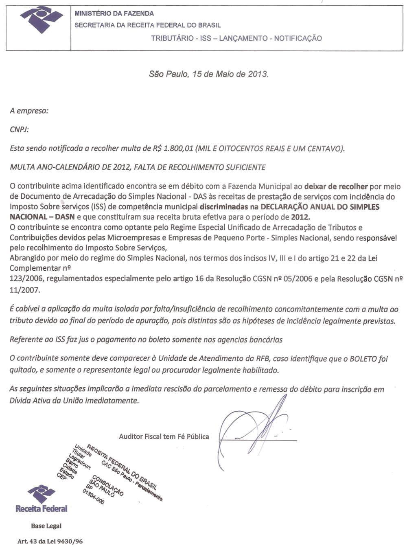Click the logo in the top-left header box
tap(41, 19)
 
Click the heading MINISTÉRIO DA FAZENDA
tap(114, 13)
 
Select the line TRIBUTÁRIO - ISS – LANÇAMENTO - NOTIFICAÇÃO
tap(236, 38)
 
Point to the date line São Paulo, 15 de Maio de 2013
tap(209, 74)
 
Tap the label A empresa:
tap(29, 111)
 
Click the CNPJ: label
tap(19, 129)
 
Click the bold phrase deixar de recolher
tap(336, 186)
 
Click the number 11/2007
tap(25, 290)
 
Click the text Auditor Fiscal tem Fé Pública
tap(164, 436)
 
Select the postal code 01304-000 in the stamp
tap(93, 496)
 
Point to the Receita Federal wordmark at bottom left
tap(42, 509)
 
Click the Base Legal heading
tap(46, 526)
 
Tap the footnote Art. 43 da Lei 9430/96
tap(50, 541)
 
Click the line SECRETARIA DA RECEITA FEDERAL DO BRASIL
tap(148, 25)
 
